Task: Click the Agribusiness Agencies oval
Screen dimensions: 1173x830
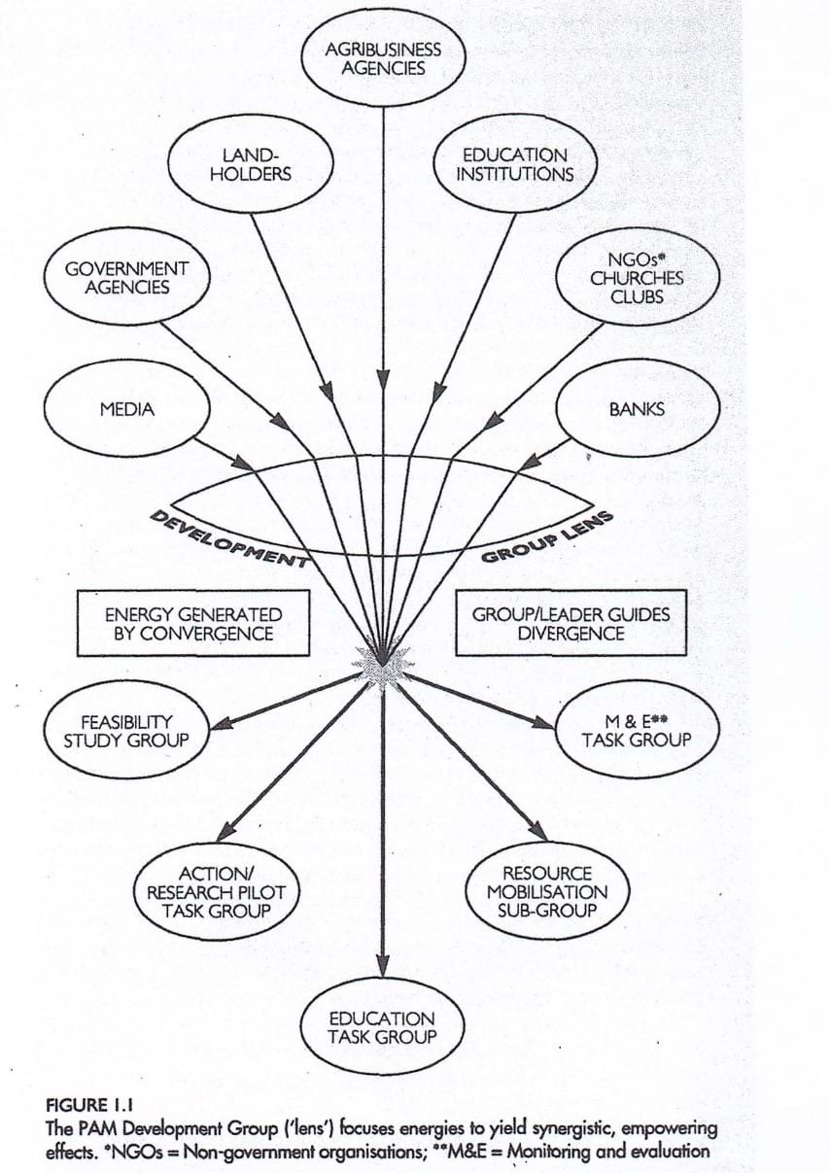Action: [x=383, y=58]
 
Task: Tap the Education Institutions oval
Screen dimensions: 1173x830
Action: [x=514, y=164]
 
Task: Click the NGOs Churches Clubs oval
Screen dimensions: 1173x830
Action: [x=637, y=278]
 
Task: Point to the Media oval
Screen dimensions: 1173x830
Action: [x=127, y=408]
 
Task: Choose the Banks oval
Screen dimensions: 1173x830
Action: [x=637, y=408]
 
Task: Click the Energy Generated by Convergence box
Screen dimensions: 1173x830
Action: [x=192, y=624]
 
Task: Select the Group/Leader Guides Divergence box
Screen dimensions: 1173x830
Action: [x=571, y=624]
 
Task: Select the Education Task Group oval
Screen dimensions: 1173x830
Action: [x=382, y=1026]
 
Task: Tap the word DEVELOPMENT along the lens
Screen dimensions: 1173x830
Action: [x=229, y=539]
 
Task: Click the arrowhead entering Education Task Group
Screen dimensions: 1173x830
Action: [x=383, y=968]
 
